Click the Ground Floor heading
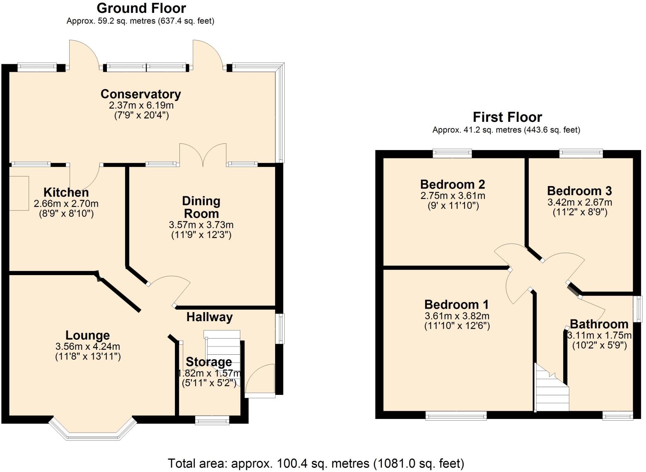click(141, 8)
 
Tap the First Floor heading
click(507, 117)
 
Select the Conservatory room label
click(141, 94)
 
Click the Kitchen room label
click(66, 192)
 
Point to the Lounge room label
click(87, 335)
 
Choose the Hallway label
click(209, 317)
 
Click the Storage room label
click(208, 362)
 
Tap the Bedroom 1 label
click(456, 305)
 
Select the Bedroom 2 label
click(452, 184)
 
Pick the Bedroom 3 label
click(579, 191)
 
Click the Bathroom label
click(599, 324)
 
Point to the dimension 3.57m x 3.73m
click(201, 225)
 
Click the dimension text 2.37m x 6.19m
click(141, 106)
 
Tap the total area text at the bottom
click(316, 463)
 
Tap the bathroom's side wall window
click(639, 309)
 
